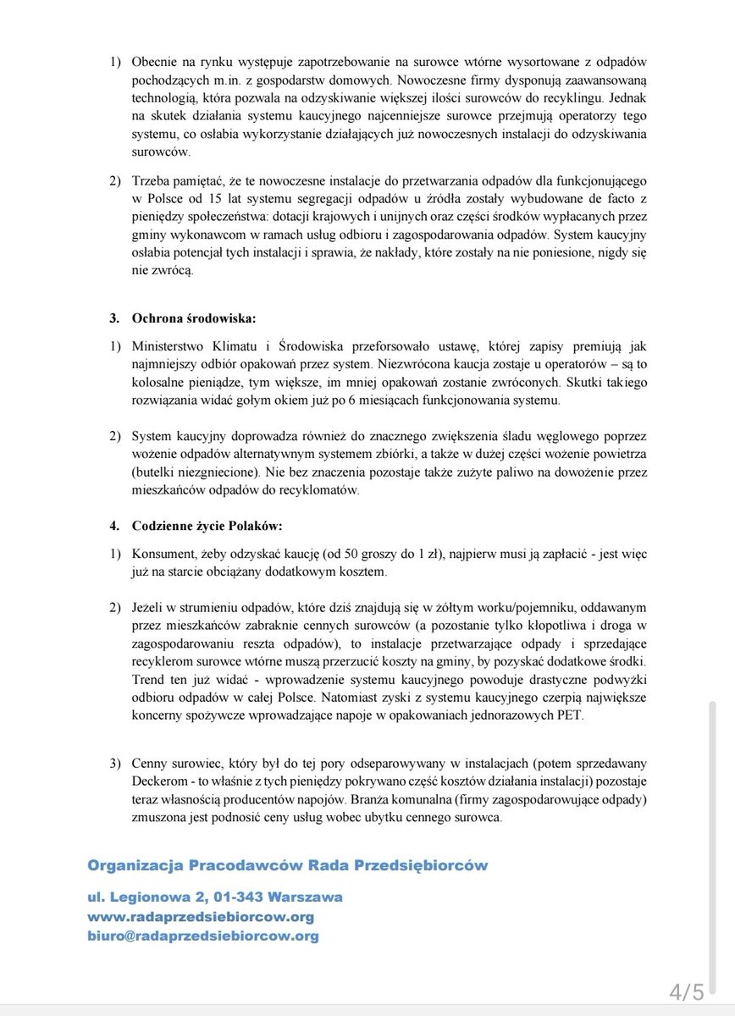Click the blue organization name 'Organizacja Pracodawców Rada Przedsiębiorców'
287,864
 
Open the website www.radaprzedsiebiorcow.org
201,917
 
